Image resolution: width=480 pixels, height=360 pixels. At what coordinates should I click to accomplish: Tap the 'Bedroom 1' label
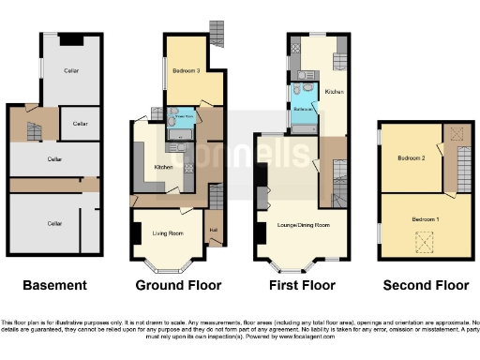[425, 218]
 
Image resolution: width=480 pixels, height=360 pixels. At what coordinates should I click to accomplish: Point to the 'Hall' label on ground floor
[213, 230]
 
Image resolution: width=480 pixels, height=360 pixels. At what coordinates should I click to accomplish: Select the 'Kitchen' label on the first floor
[334, 93]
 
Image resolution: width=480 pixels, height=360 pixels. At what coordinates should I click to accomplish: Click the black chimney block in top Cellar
[72, 39]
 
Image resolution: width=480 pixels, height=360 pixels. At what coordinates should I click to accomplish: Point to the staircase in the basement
[35, 131]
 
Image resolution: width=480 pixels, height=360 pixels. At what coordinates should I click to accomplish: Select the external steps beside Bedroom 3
[217, 33]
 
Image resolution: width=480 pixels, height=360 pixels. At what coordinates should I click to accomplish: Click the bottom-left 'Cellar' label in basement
[55, 223]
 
